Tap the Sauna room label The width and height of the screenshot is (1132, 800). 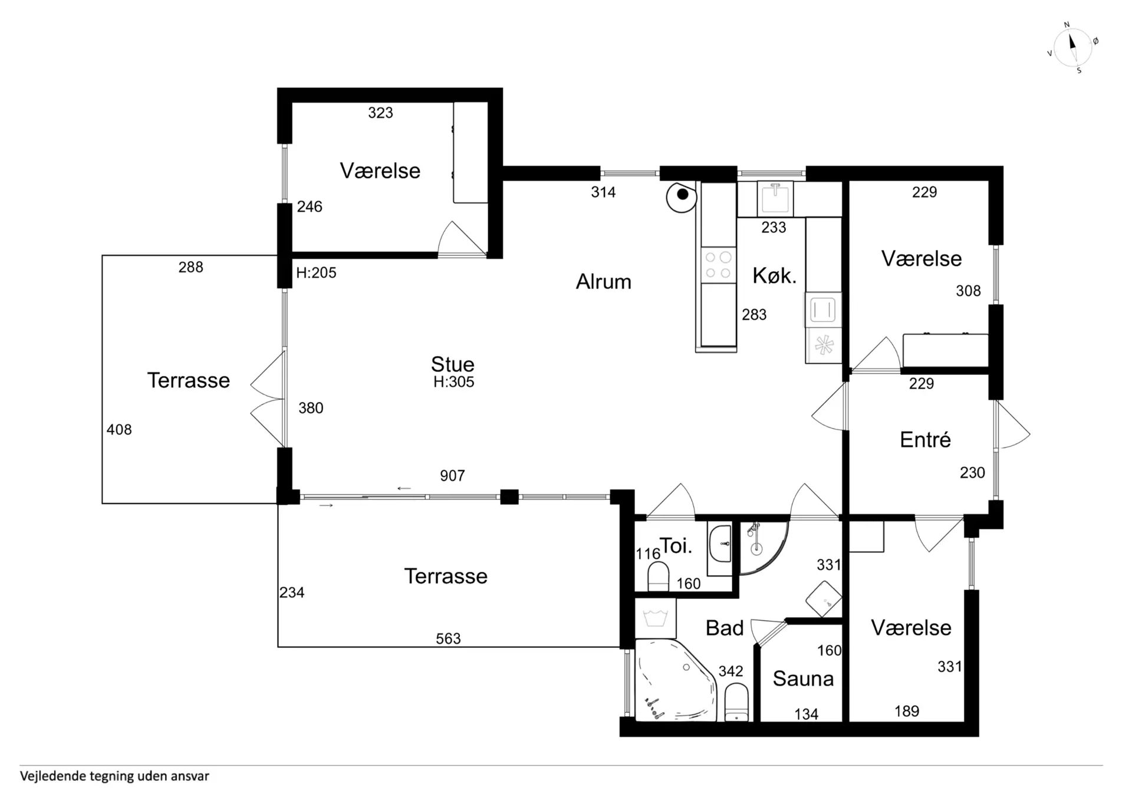pyautogui.click(x=803, y=679)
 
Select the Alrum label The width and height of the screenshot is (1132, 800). pyautogui.click(x=603, y=282)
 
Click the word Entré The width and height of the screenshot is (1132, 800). pyautogui.click(x=925, y=440)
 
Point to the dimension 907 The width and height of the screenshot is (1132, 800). pyautogui.click(x=452, y=476)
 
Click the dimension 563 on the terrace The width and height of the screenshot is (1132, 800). pyautogui.click(x=448, y=638)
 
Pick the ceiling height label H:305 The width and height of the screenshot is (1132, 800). pyautogui.click(x=453, y=382)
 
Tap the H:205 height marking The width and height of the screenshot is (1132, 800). pyautogui.click(x=316, y=273)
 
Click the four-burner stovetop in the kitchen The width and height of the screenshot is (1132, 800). pyautogui.click(x=718, y=265)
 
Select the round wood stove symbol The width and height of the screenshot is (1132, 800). pyautogui.click(x=682, y=196)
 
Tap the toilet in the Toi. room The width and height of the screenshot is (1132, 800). pyautogui.click(x=658, y=577)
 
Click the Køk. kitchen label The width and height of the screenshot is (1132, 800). pyautogui.click(x=774, y=276)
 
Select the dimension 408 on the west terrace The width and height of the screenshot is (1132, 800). pyautogui.click(x=119, y=430)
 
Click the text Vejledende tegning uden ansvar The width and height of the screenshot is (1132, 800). pyautogui.click(x=114, y=776)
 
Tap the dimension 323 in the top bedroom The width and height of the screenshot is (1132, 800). pyautogui.click(x=380, y=113)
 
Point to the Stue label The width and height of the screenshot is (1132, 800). pyautogui.click(x=452, y=364)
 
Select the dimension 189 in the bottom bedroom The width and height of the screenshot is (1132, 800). pyautogui.click(x=907, y=712)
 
